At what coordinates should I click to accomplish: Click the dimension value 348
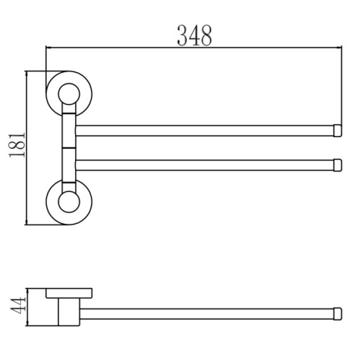pyautogui.click(x=194, y=35)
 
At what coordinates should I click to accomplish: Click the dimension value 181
pyautogui.click(x=17, y=145)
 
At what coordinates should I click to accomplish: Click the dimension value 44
pyautogui.click(x=18, y=308)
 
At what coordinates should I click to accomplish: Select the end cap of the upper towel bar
pyautogui.click(x=338, y=131)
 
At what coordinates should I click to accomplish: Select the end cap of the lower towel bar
pyautogui.click(x=338, y=165)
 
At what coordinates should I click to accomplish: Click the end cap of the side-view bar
pyautogui.click(x=338, y=314)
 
